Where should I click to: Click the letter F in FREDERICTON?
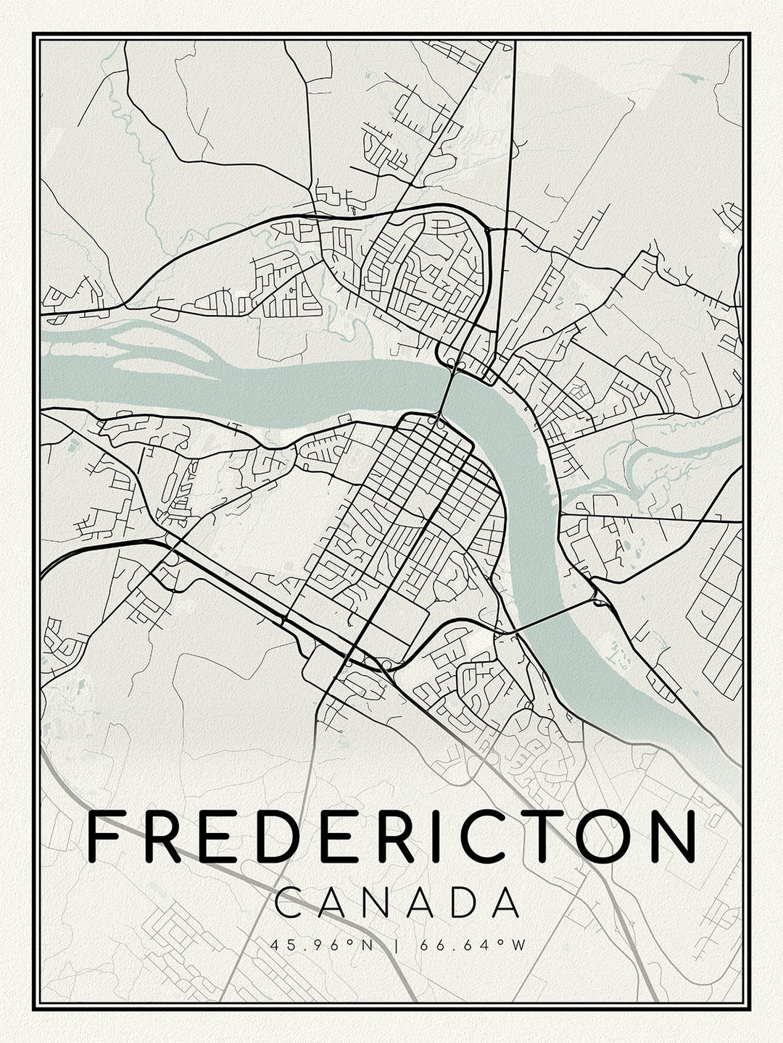tap(105, 837)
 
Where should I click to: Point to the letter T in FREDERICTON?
tap(533, 837)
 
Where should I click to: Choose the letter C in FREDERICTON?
tap(474, 837)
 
